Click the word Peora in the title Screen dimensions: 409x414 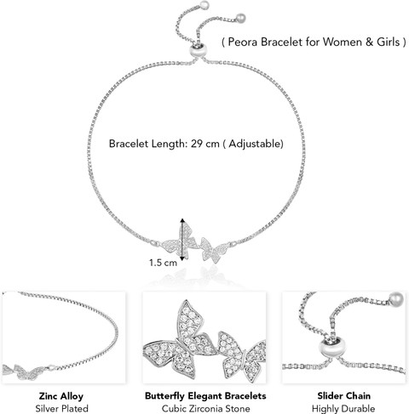[x=243, y=42]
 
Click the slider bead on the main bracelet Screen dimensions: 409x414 [x=198, y=50]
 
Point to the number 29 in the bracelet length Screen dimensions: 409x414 [x=196, y=144]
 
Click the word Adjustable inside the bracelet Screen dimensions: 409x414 [x=255, y=144]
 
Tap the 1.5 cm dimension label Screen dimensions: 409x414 [x=163, y=263]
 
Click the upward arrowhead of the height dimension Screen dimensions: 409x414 [x=182, y=220]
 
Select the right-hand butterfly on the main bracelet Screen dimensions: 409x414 [x=215, y=249]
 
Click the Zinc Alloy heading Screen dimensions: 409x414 [x=61, y=396]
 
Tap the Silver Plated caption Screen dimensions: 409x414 [x=61, y=409]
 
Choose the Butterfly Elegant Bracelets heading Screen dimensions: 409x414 [x=205, y=395]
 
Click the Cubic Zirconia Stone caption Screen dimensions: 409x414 [x=205, y=409]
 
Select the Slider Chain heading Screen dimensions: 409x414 [x=343, y=395]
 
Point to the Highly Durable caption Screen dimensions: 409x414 [x=343, y=409]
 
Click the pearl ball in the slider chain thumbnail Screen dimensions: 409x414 [x=396, y=299]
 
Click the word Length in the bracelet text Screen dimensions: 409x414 [x=168, y=144]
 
